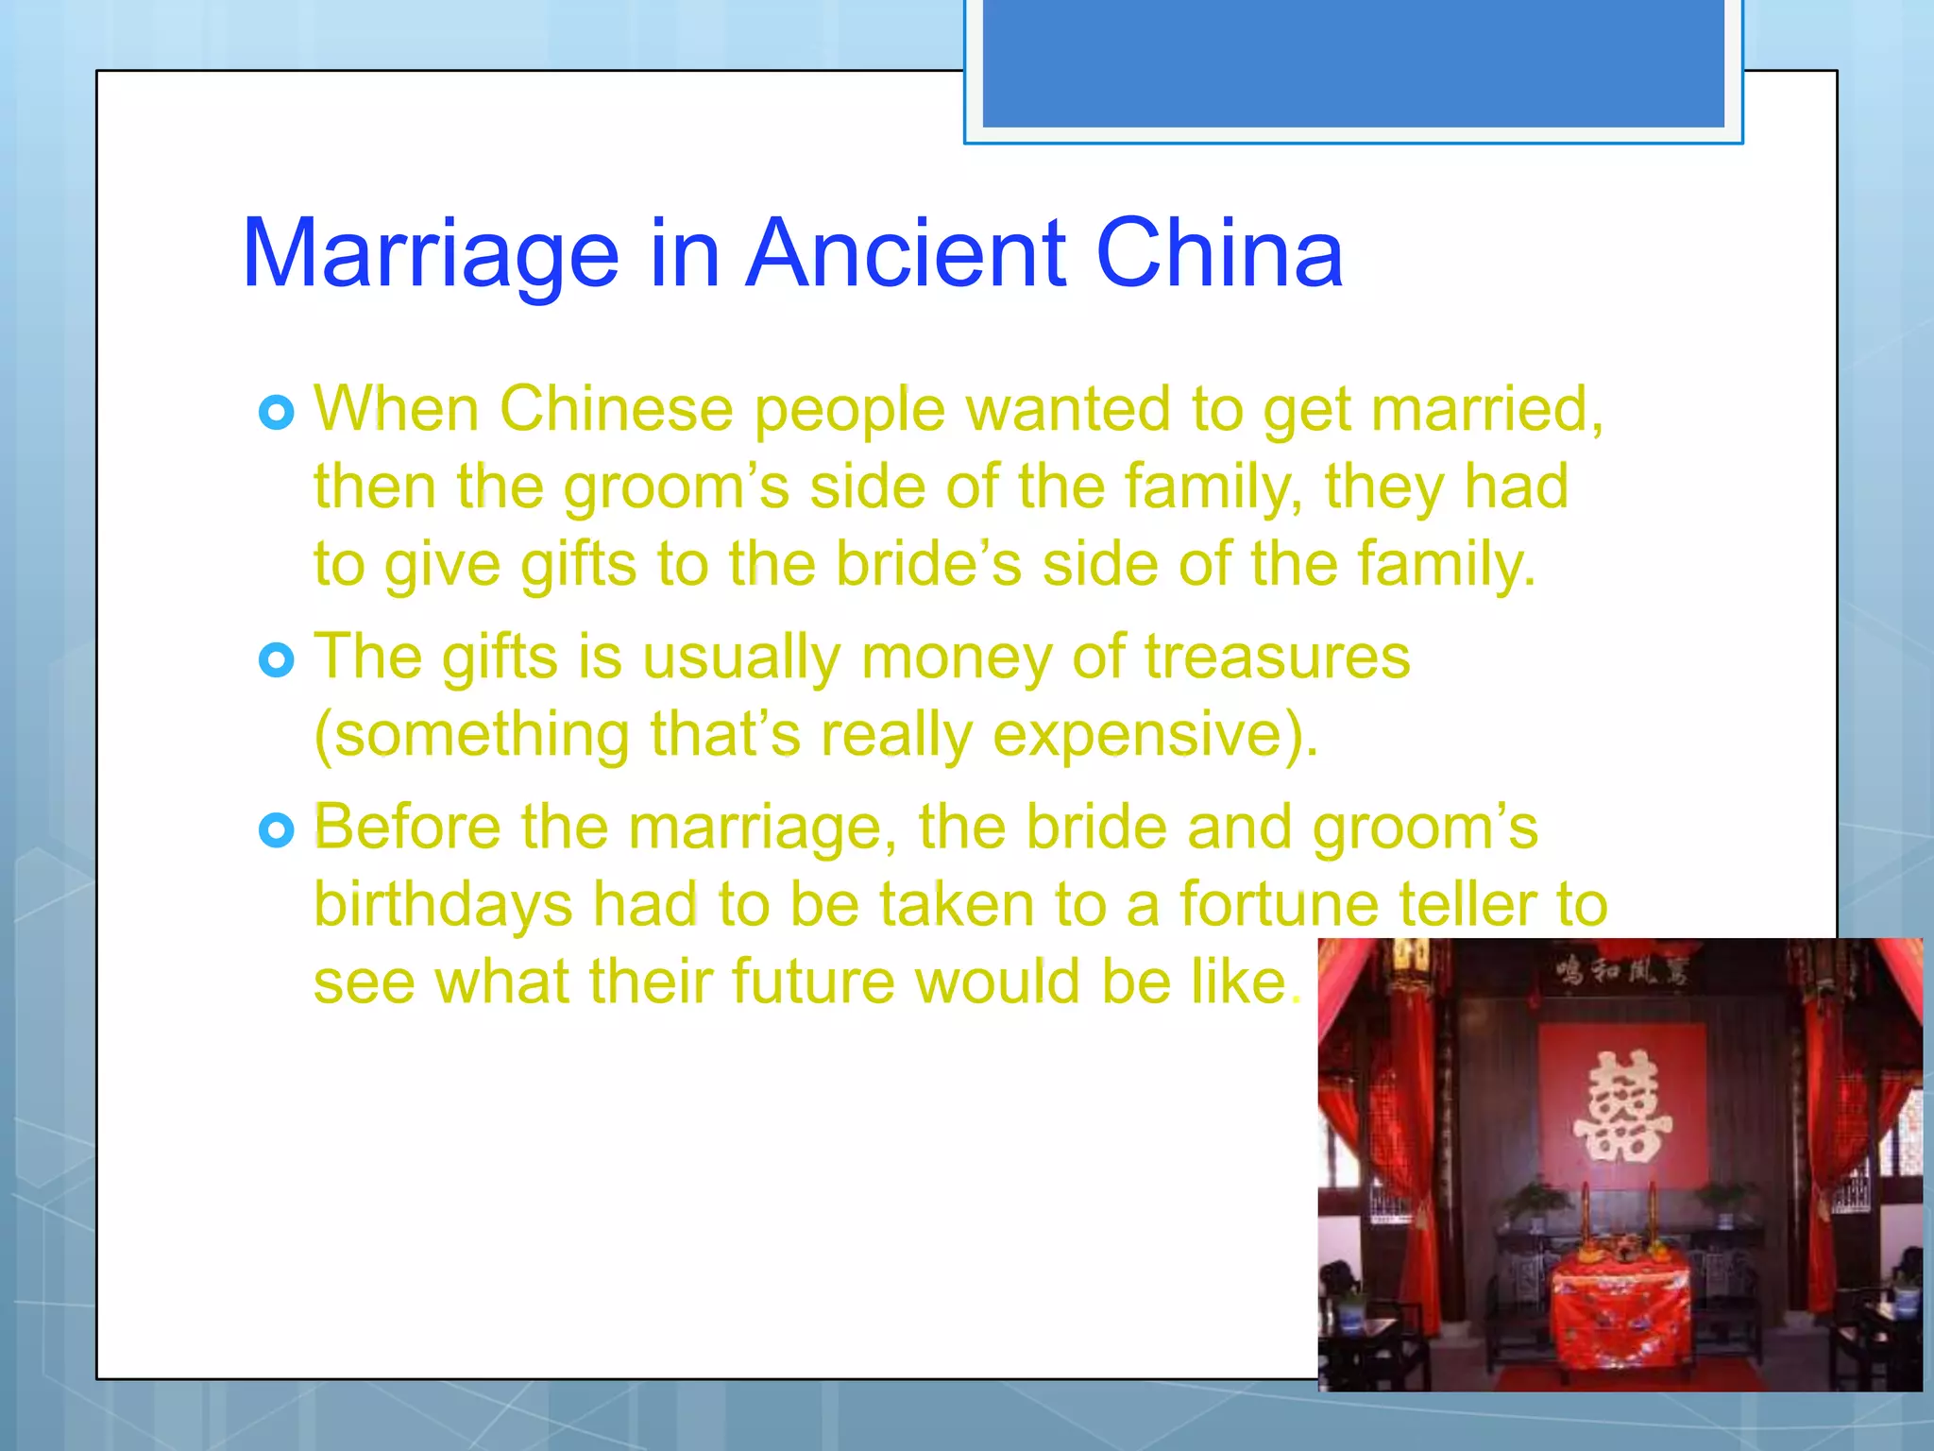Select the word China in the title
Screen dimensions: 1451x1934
click(x=1218, y=253)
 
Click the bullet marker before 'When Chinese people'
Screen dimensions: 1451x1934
click(x=276, y=413)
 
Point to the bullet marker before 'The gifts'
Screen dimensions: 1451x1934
click(x=276, y=660)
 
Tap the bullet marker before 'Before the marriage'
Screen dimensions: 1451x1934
click(x=276, y=831)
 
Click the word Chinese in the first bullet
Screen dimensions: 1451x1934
click(x=616, y=410)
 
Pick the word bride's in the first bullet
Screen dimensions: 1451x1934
click(x=928, y=564)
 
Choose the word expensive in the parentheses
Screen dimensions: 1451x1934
click(x=1144, y=734)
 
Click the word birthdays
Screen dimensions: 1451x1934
click(x=443, y=905)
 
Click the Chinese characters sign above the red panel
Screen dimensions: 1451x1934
click(x=1621, y=970)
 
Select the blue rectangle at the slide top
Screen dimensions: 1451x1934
click(x=1353, y=63)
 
